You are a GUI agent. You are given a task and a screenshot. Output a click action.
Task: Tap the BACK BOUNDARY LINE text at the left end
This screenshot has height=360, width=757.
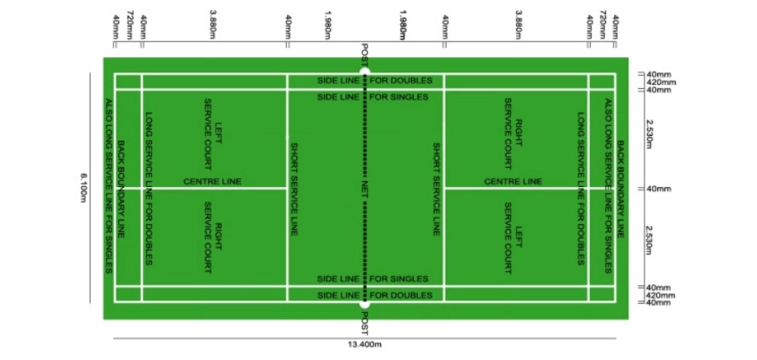(x=123, y=188)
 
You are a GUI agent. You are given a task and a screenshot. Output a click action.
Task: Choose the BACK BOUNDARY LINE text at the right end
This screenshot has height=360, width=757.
(x=620, y=188)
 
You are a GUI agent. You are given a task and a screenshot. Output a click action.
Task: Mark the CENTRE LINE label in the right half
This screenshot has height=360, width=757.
(x=513, y=181)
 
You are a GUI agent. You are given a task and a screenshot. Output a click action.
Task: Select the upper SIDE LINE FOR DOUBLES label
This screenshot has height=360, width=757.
(x=374, y=81)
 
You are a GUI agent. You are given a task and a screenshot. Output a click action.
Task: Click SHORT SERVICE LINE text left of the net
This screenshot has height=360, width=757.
(x=293, y=188)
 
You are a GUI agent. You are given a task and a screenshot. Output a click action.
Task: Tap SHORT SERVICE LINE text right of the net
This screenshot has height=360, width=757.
(x=435, y=188)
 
